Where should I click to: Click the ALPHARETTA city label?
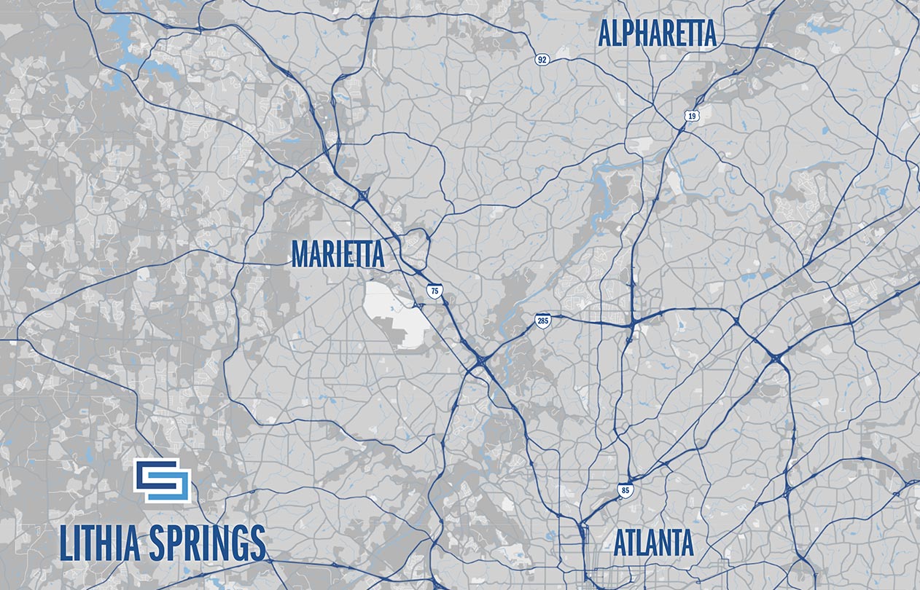(x=657, y=34)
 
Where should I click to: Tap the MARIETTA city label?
(x=338, y=254)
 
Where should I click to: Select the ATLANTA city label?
(x=653, y=543)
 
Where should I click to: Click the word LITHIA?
(x=98, y=543)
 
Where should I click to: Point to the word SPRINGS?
(x=206, y=543)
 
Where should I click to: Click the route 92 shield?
(x=541, y=59)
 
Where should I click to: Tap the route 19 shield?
(x=690, y=115)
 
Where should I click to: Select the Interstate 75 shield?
(x=434, y=291)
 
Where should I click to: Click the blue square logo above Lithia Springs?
(x=162, y=481)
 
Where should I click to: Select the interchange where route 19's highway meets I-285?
(x=633, y=320)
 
